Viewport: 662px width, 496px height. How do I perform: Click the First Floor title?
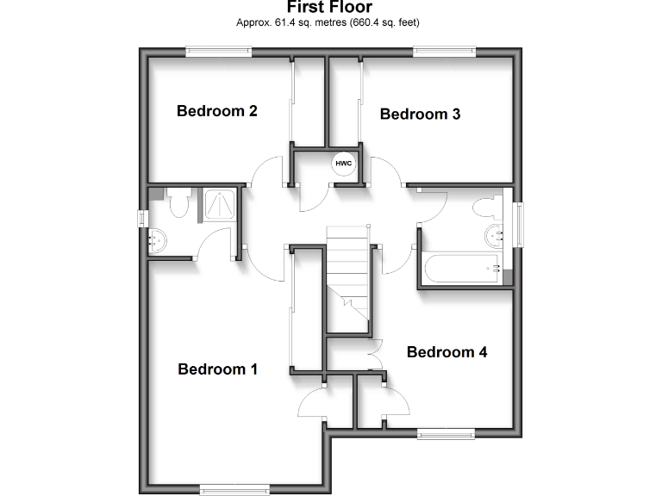pos(331,7)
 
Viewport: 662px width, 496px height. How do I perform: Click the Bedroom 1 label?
pos(217,369)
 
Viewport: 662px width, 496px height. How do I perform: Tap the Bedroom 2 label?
pos(217,111)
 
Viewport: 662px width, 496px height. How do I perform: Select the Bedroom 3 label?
pos(420,114)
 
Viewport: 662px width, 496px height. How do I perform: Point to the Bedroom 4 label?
pos(447,352)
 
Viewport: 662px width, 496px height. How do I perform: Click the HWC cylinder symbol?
pos(344,162)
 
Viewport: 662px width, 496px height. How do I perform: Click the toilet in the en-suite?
pos(179,205)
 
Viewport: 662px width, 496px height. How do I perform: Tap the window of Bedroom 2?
pos(220,52)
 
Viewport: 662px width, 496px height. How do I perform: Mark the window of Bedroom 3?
pos(443,52)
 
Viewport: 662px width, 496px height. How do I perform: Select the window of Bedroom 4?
pos(446,433)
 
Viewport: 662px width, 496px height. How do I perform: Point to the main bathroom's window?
pos(519,225)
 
